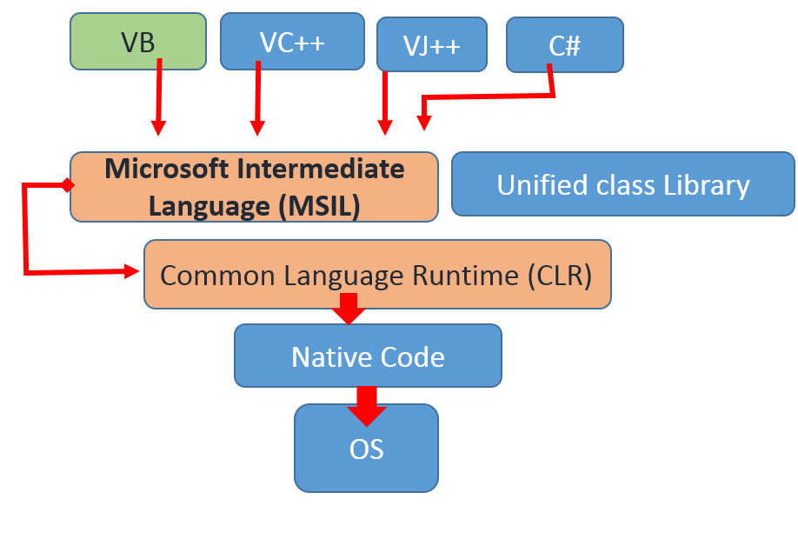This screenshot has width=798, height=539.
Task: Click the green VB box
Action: point(137,41)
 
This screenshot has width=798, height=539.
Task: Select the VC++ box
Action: point(292,41)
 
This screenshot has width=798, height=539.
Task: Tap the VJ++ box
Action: point(432,44)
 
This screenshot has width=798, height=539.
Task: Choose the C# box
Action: point(564,44)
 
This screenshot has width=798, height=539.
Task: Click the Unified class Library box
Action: point(622,184)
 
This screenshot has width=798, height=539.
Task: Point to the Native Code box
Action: point(368,356)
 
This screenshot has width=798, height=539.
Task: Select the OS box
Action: point(366,449)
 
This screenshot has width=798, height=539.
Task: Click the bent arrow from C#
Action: point(487,96)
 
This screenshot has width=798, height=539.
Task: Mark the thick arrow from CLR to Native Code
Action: point(349,309)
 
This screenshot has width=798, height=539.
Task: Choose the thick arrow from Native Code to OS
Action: point(367,405)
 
